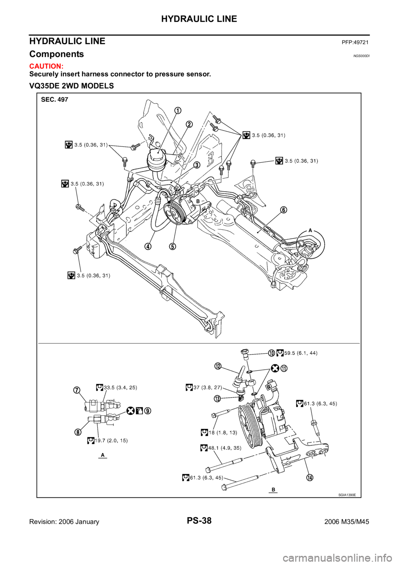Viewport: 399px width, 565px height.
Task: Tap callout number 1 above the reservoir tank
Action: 177,110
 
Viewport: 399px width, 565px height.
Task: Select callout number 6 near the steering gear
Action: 283,210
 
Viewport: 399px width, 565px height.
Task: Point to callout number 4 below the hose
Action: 148,246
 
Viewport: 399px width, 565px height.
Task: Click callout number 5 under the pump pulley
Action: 172,246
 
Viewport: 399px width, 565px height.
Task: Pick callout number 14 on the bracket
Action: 310,477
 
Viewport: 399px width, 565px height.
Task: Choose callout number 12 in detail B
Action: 218,366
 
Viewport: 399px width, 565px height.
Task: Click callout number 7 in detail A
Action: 77,390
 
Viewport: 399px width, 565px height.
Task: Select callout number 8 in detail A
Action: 78,431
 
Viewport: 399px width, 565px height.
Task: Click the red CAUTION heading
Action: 46,67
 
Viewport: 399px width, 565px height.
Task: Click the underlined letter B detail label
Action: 273,489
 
